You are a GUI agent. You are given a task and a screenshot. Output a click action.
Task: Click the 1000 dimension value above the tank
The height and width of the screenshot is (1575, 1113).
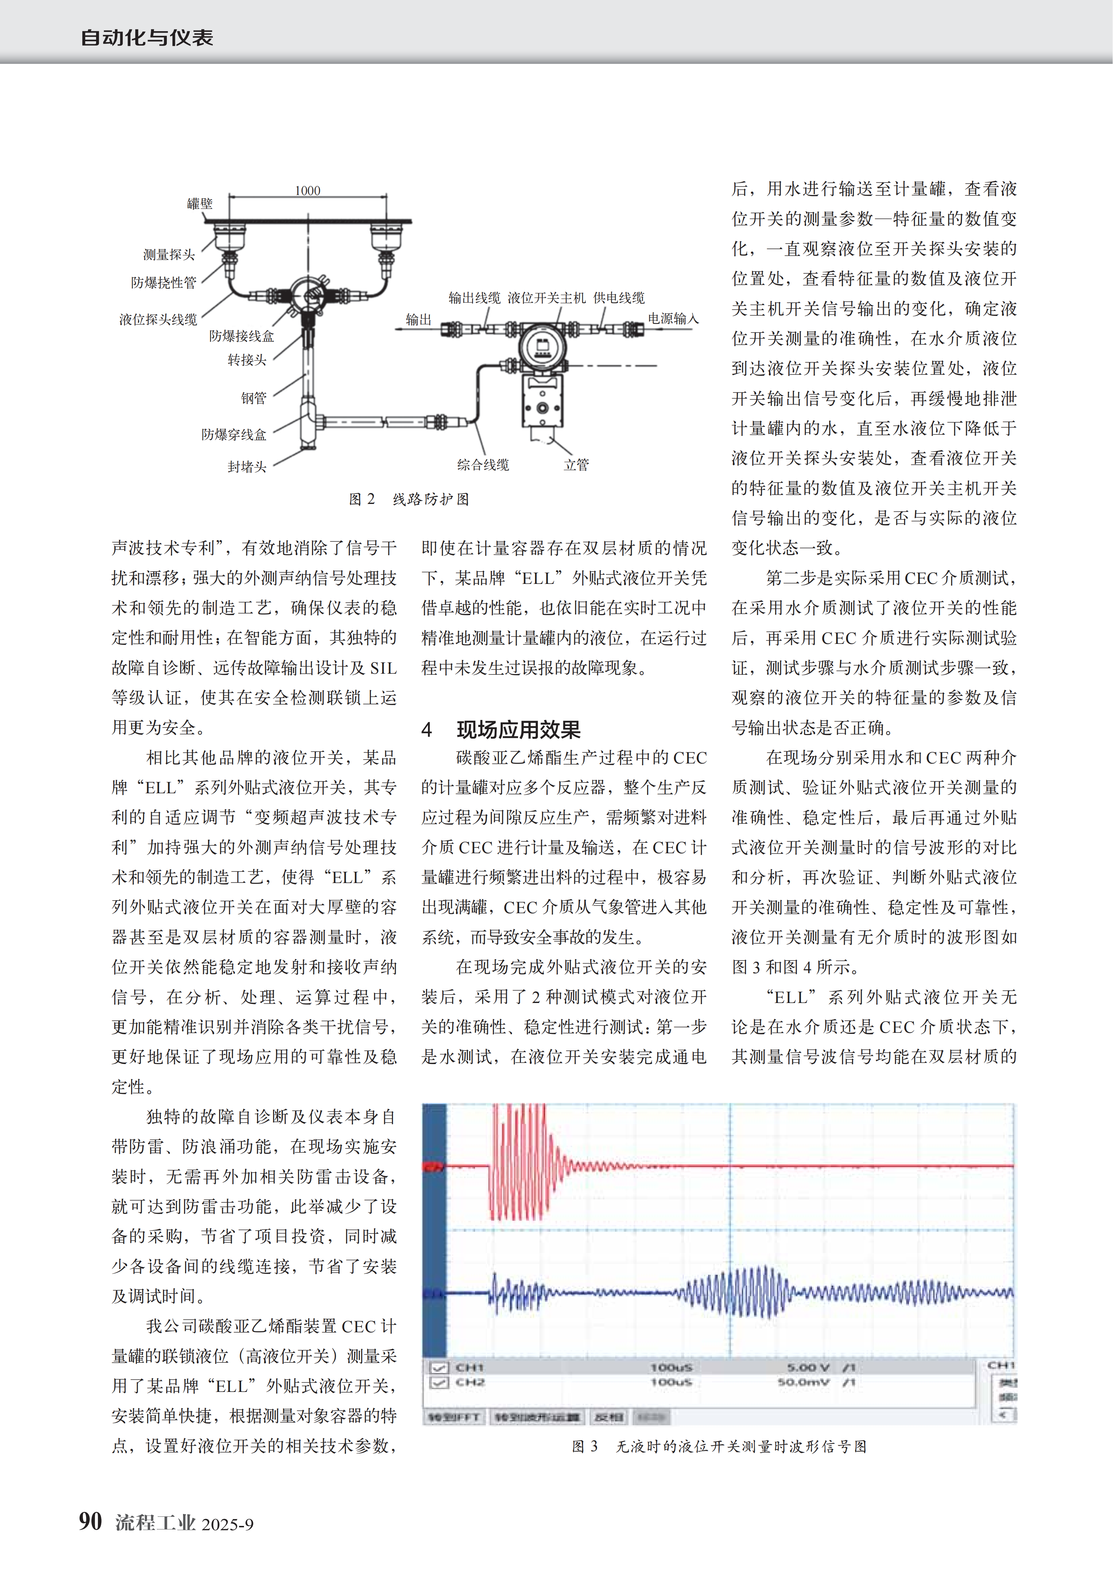pyautogui.click(x=307, y=191)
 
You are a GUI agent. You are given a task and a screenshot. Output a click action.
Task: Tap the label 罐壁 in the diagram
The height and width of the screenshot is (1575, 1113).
pyautogui.click(x=199, y=204)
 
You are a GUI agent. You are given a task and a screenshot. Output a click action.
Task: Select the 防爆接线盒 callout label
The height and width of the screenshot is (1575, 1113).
pyautogui.click(x=242, y=335)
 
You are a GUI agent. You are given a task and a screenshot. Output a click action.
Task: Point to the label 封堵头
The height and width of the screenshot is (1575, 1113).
pyautogui.click(x=247, y=466)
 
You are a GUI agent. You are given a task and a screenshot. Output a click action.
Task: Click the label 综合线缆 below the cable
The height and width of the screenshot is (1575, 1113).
pyautogui.click(x=483, y=464)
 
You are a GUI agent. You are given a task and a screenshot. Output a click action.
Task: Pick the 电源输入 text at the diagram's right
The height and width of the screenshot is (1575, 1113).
pyautogui.click(x=673, y=318)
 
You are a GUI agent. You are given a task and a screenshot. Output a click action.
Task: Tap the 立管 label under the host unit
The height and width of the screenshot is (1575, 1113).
pyautogui.click(x=576, y=464)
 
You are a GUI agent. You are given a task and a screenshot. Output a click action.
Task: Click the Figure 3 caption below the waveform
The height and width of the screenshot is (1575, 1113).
pyautogui.click(x=719, y=1446)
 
